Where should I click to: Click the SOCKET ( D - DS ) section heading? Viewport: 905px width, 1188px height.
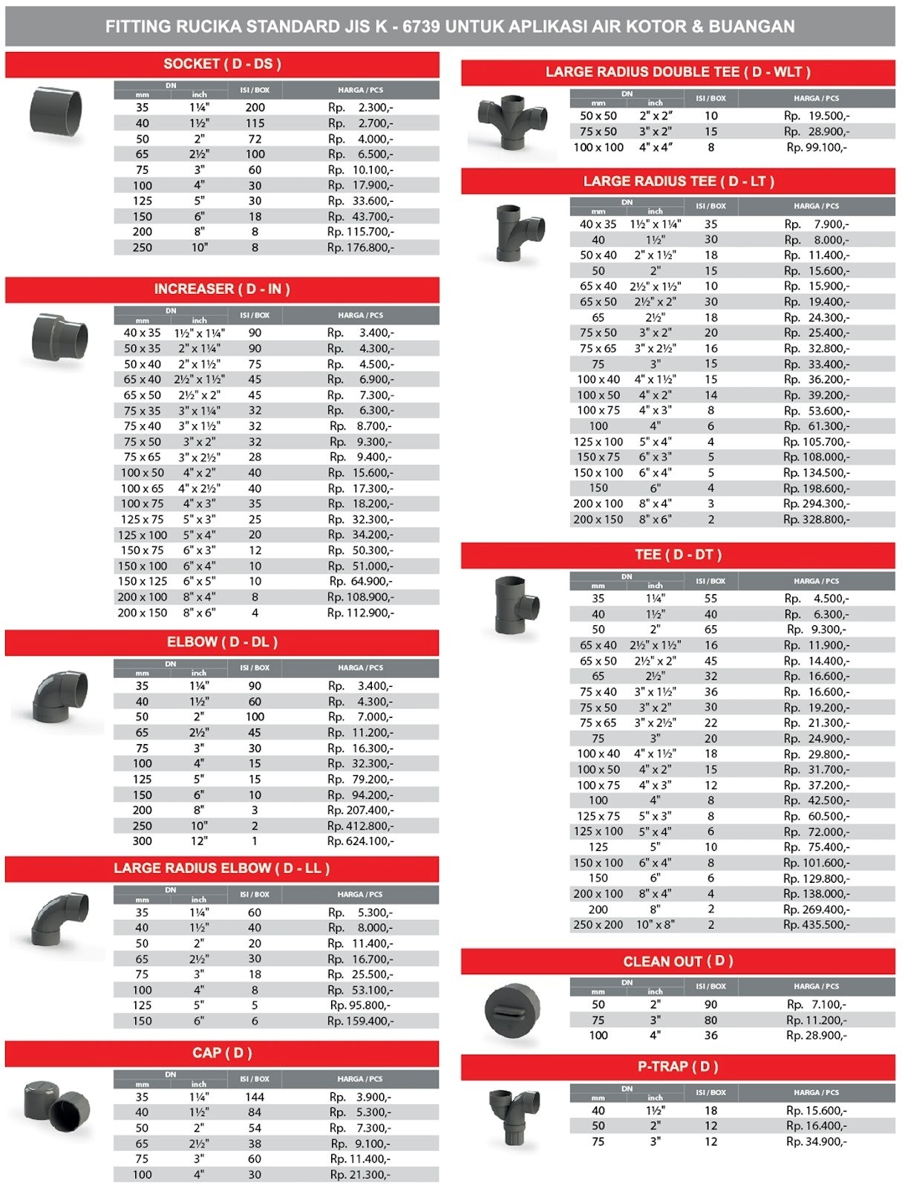pyautogui.click(x=222, y=65)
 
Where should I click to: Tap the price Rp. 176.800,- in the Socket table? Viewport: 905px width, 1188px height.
pyautogui.click(x=360, y=248)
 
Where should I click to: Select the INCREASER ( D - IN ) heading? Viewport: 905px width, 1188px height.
pyautogui.click(x=222, y=290)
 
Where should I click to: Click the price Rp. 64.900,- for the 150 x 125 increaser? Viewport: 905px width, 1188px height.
pyautogui.click(x=360, y=581)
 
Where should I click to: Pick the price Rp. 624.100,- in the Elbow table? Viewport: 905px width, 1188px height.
pyautogui.click(x=360, y=841)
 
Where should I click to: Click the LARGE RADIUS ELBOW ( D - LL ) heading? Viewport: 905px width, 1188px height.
pyautogui.click(x=222, y=869)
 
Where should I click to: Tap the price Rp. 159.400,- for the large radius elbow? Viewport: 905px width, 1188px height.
pyautogui.click(x=360, y=1021)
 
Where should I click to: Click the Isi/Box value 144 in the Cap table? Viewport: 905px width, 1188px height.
pyautogui.click(x=255, y=1097)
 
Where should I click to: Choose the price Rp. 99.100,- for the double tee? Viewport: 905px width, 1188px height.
pyautogui.click(x=817, y=147)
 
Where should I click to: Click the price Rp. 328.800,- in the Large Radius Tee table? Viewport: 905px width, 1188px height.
pyautogui.click(x=817, y=520)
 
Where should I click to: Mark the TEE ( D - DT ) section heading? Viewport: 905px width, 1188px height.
pyautogui.click(x=678, y=555)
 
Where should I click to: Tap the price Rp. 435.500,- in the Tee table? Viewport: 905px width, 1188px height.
pyautogui.click(x=817, y=925)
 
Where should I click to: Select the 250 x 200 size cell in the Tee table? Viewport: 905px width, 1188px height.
pyautogui.click(x=598, y=925)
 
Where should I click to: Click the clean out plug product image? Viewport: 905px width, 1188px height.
pyautogui.click(x=512, y=1010)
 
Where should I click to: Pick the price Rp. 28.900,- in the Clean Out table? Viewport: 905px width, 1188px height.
pyautogui.click(x=817, y=1035)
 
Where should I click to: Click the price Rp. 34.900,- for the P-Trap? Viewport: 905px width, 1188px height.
pyautogui.click(x=817, y=1142)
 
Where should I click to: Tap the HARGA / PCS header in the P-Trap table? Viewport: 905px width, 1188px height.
pyautogui.click(x=817, y=1093)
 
